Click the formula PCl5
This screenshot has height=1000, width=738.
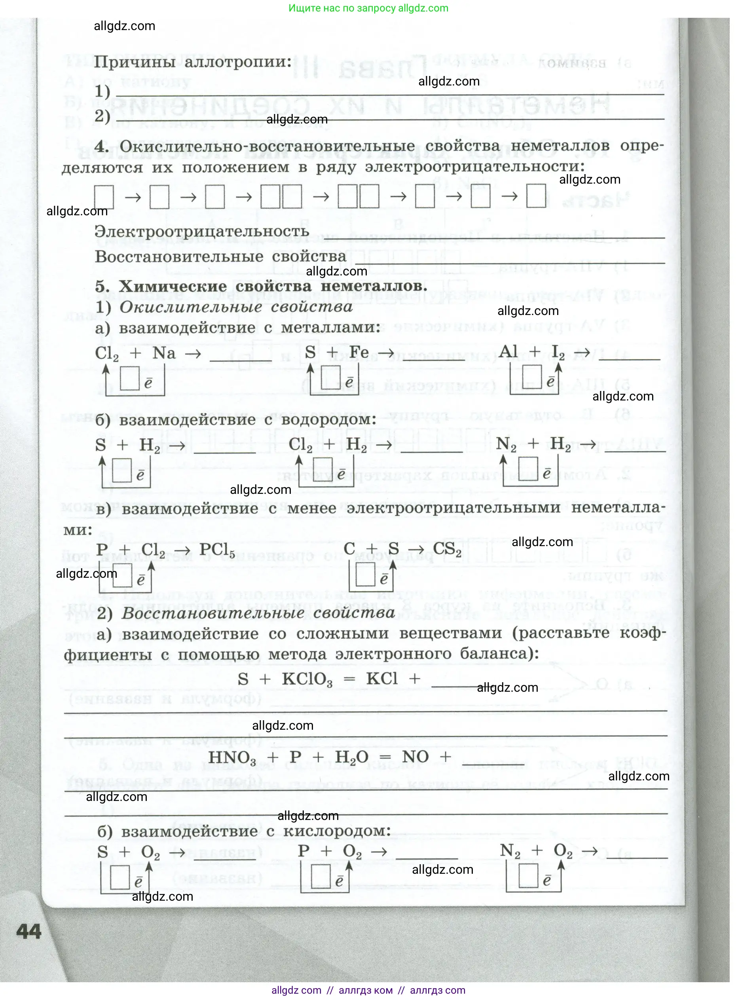coord(217,550)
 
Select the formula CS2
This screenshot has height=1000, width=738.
coord(447,549)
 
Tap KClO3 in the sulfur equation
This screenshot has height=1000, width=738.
coord(307,680)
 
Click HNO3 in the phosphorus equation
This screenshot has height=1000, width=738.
coord(232,758)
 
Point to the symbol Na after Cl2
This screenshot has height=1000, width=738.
coord(164,353)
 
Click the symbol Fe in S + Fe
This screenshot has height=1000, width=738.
coord(359,352)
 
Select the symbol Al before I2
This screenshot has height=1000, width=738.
coord(509,352)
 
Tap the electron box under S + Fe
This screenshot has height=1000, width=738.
coord(331,378)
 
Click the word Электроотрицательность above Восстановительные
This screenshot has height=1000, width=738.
coord(202,231)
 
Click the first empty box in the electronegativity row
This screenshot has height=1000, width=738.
coord(104,197)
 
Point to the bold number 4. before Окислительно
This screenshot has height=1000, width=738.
coord(101,146)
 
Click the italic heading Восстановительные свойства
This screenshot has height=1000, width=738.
coord(258,613)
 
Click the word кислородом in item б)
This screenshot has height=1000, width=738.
coord(337,831)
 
